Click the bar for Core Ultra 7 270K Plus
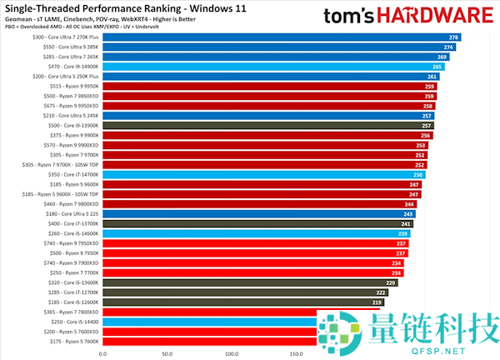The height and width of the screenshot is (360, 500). pyautogui.click(x=283, y=37)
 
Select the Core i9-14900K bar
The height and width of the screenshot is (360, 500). pyautogui.click(x=275, y=67)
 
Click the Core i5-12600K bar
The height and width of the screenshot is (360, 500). pyautogui.click(x=250, y=302)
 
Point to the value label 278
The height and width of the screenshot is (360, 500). pyautogui.click(x=453, y=37)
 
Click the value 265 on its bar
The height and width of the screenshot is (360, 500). pyautogui.click(x=437, y=67)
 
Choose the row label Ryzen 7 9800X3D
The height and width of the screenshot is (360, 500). pyautogui.click(x=70, y=204)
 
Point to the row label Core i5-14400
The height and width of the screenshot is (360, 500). pyautogui.click(x=75, y=322)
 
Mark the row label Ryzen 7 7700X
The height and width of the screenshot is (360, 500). pyautogui.click(x=70, y=272)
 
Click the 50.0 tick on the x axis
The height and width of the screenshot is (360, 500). pyautogui.click(x=166, y=353)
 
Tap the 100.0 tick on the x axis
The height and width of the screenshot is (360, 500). pyautogui.click(x=230, y=353)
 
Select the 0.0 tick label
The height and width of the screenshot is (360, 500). pyautogui.click(x=102, y=353)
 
